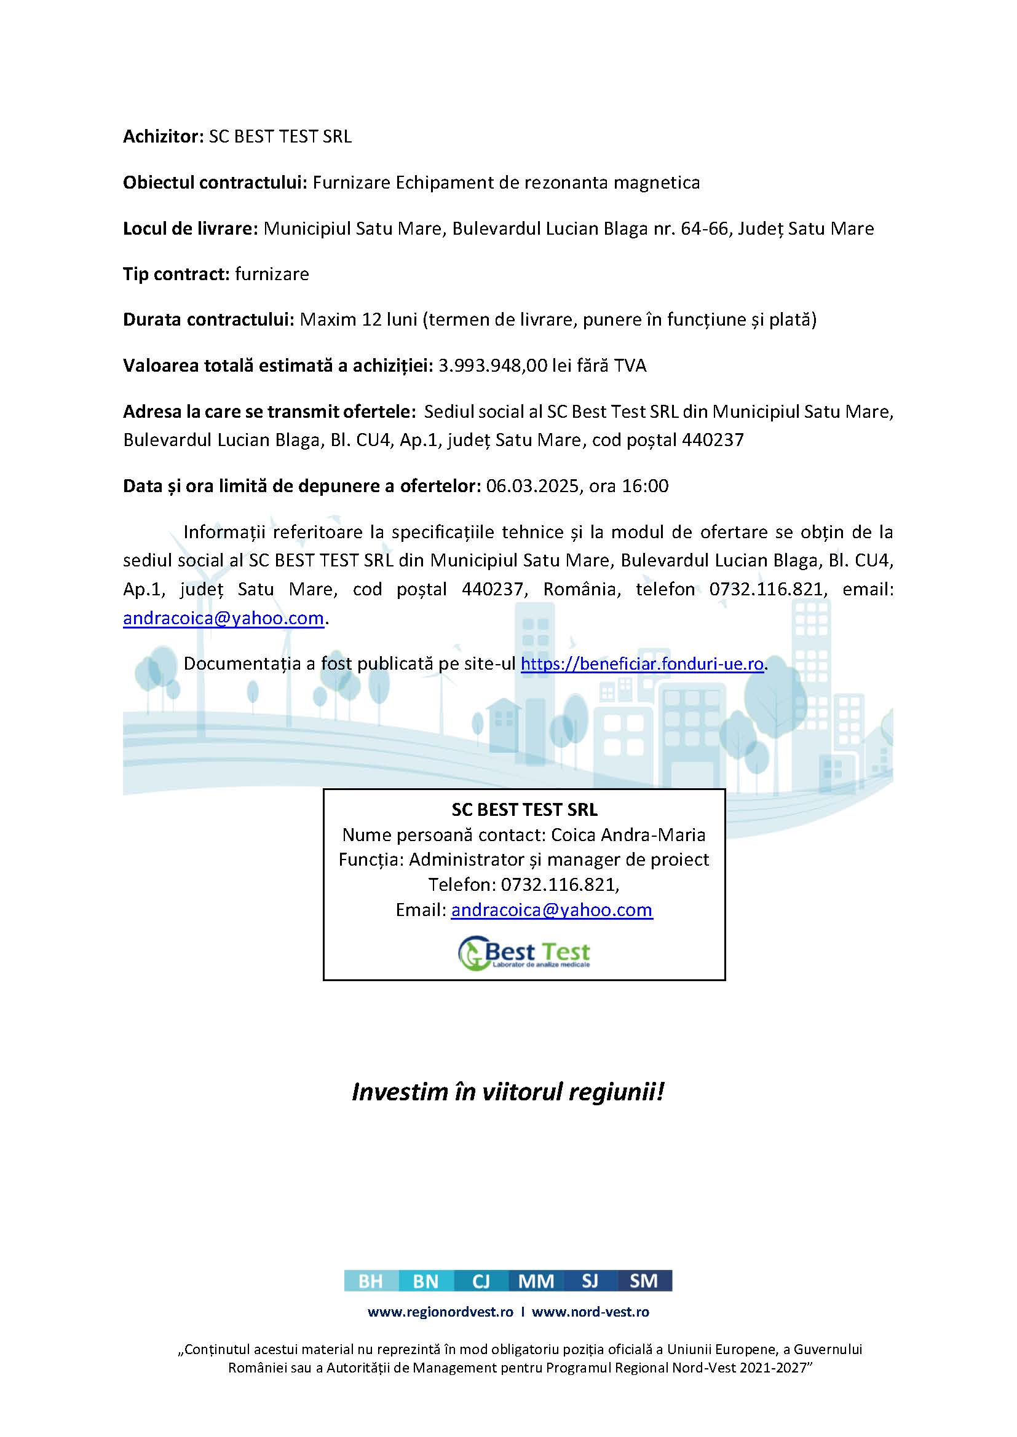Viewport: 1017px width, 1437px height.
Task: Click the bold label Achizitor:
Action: pyautogui.click(x=164, y=136)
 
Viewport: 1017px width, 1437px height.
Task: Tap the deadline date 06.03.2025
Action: pyautogui.click(x=532, y=487)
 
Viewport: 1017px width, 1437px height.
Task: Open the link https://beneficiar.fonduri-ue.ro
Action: pyautogui.click(x=642, y=664)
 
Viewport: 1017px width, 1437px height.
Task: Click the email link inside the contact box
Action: pyautogui.click(x=552, y=909)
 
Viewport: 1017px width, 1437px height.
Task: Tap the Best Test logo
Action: pyautogui.click(x=523, y=953)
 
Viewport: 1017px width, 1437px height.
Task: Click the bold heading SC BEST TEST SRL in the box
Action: pyautogui.click(x=524, y=810)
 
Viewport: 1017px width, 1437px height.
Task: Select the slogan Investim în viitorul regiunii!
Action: pyautogui.click(x=507, y=1092)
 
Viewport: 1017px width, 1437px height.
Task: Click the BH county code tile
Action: pyautogui.click(x=371, y=1281)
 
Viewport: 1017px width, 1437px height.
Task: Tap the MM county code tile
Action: pyautogui.click(x=536, y=1281)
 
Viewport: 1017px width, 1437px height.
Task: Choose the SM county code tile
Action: pyautogui.click(x=644, y=1281)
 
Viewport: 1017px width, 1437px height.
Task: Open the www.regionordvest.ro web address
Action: pyautogui.click(x=440, y=1312)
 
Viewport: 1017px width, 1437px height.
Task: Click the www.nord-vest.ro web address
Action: pyautogui.click(x=590, y=1312)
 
